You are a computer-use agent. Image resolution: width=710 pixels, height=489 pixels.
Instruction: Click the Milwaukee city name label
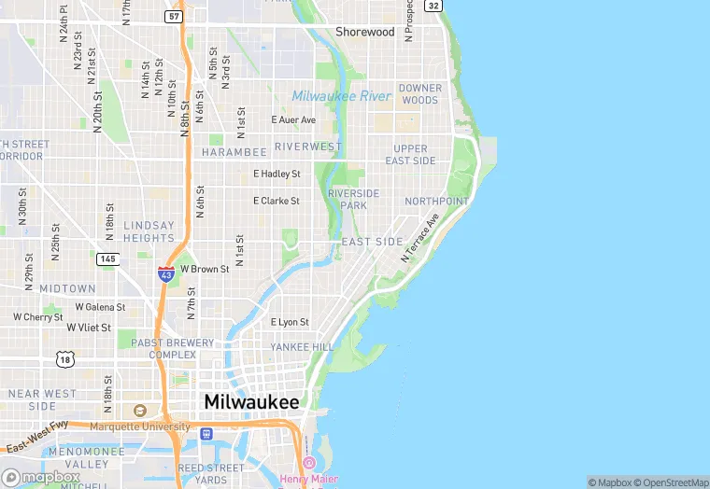pyautogui.click(x=251, y=401)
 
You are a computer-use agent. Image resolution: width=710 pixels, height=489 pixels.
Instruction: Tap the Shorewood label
pyautogui.click(x=365, y=32)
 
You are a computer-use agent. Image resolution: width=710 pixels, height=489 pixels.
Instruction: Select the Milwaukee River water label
pyautogui.click(x=341, y=96)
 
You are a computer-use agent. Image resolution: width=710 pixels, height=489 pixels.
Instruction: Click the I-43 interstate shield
pyautogui.click(x=166, y=273)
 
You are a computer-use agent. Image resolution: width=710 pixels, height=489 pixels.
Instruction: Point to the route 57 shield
pyautogui.click(x=174, y=16)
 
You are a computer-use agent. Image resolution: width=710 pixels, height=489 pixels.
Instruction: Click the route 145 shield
pyautogui.click(x=107, y=258)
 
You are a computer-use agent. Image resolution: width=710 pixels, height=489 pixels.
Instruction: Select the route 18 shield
pyautogui.click(x=64, y=358)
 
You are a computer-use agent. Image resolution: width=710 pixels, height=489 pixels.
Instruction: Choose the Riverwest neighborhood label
pyautogui.click(x=308, y=147)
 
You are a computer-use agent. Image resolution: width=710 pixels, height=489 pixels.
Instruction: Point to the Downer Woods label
pyautogui.click(x=419, y=94)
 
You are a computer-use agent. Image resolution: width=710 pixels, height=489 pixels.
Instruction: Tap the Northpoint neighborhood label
pyautogui.click(x=436, y=202)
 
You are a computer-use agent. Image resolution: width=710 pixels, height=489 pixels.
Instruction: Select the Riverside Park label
pyautogui.click(x=354, y=199)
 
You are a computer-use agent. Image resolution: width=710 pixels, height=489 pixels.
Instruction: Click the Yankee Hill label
pyautogui.click(x=302, y=347)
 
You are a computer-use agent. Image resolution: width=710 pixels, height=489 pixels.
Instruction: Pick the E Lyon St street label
pyautogui.click(x=290, y=322)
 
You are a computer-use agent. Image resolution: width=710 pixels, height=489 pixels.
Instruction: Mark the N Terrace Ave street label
pyautogui.click(x=420, y=238)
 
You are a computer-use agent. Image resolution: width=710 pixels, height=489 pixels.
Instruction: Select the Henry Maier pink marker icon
pyautogui.click(x=309, y=463)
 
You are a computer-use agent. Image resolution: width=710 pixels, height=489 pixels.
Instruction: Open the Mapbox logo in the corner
pyautogui.click(x=41, y=477)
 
